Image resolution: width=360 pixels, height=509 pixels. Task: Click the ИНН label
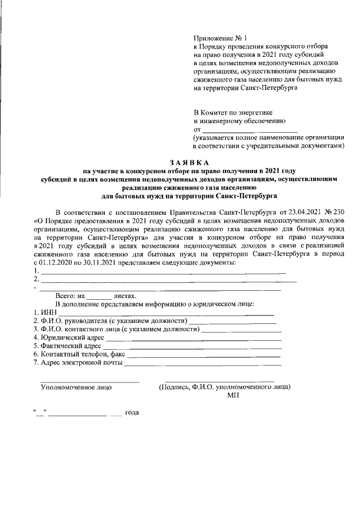point(47,312)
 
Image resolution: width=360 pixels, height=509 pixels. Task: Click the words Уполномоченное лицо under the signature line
point(76,387)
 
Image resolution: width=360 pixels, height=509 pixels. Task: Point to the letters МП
point(233,396)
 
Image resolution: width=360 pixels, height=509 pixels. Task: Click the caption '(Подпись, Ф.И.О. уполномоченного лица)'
point(224,387)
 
